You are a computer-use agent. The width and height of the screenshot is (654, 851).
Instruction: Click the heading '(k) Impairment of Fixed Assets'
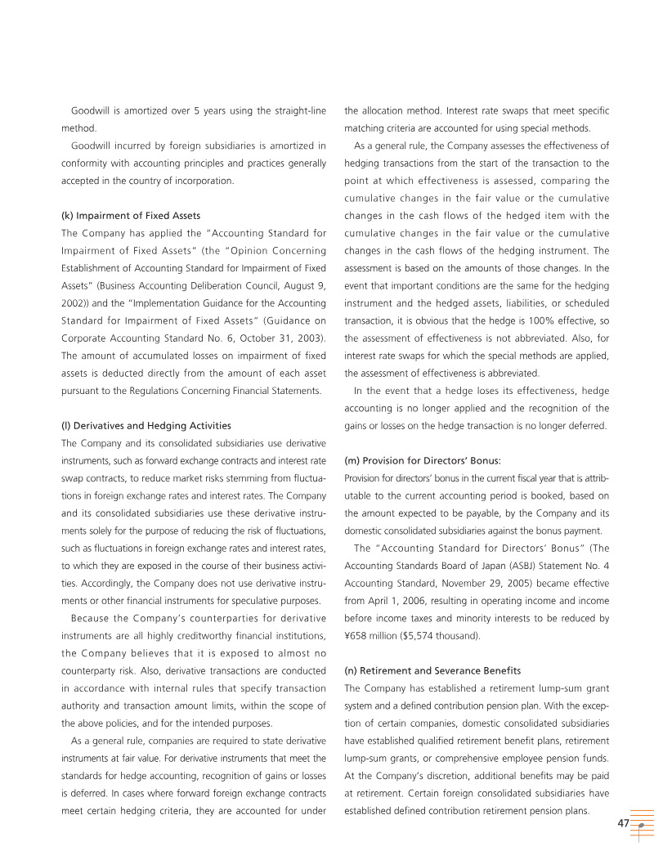(x=131, y=216)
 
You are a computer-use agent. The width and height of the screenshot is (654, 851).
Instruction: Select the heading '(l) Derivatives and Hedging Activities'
(x=146, y=426)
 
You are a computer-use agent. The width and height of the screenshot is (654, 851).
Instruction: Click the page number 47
(x=623, y=824)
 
